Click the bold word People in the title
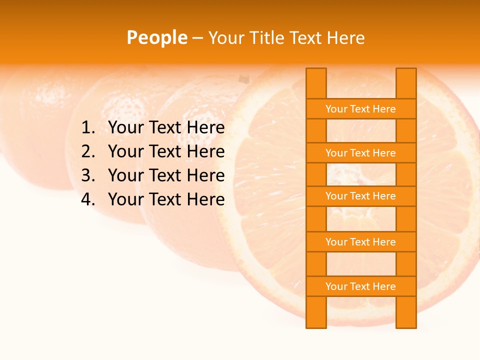[x=156, y=37]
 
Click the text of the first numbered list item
[x=166, y=128]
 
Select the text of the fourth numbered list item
[x=166, y=199]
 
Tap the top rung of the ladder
[x=360, y=109]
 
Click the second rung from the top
[x=360, y=153]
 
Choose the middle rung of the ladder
[x=360, y=196]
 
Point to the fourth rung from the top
[x=360, y=242]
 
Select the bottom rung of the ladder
[x=360, y=286]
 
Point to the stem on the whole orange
[x=243, y=78]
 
